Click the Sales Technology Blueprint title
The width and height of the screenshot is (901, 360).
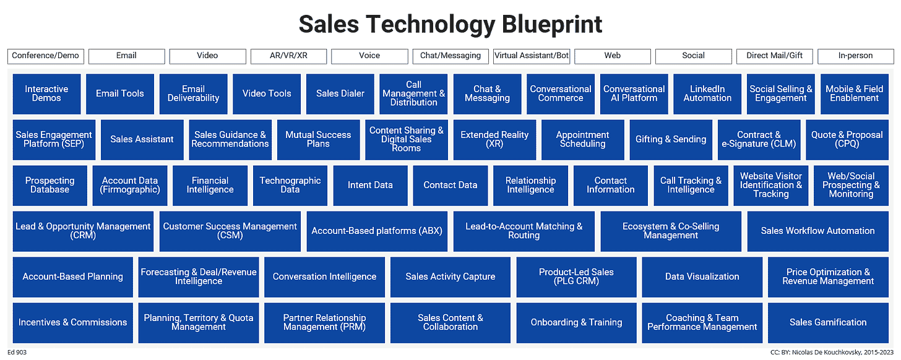[450, 25]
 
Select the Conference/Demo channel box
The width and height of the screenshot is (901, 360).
[46, 56]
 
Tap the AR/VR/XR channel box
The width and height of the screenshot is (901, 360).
[288, 56]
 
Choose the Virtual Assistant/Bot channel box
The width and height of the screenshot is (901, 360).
[532, 56]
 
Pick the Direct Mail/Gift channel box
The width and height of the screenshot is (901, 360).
[774, 56]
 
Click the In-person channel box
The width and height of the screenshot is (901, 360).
[855, 56]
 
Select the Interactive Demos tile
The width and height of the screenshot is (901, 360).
[46, 94]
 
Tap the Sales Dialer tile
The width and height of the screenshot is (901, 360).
[340, 94]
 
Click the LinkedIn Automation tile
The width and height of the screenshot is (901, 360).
[707, 94]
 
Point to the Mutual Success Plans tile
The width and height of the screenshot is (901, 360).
[318, 140]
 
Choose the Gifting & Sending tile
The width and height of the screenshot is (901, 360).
[671, 140]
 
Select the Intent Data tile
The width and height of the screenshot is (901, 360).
[370, 186]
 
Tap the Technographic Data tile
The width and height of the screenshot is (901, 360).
[290, 186]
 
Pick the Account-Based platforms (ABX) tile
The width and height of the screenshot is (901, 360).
[377, 231]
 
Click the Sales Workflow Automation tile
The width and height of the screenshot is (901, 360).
[817, 231]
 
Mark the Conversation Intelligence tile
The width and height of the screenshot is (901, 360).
[324, 277]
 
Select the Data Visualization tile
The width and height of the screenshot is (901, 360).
[702, 277]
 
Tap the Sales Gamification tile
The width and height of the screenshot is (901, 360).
[828, 323]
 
